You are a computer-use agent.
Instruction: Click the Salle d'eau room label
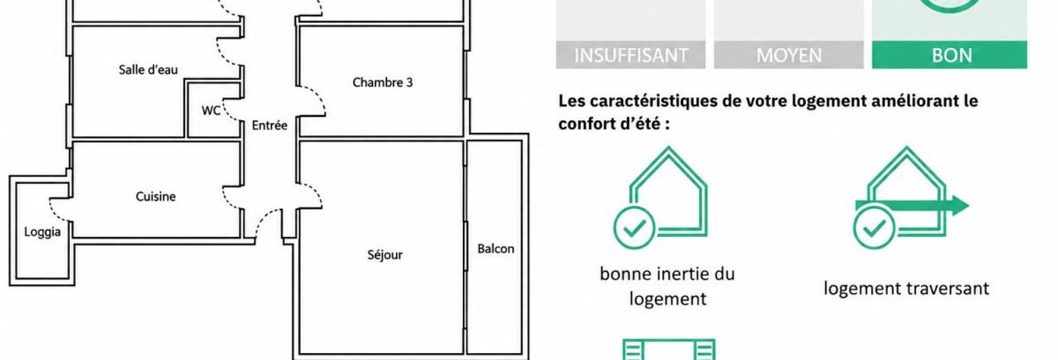(148, 70)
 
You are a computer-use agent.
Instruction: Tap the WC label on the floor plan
(210, 110)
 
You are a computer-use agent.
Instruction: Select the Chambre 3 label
(383, 82)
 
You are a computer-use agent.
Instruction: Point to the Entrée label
(269, 125)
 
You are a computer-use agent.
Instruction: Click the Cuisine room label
(155, 196)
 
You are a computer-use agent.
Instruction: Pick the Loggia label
(42, 232)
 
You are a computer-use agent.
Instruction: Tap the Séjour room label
(385, 255)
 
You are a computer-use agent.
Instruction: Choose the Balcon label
(495, 249)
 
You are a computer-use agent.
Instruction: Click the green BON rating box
(950, 55)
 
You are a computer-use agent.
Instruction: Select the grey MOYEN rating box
(789, 55)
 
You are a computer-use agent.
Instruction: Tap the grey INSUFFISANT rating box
(630, 55)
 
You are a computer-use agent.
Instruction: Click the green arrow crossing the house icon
(912, 205)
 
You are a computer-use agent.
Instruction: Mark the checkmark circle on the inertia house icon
(635, 227)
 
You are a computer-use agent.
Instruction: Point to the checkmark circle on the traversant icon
(874, 227)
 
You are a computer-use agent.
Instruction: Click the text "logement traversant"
(906, 288)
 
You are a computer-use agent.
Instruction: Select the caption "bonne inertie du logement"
(668, 286)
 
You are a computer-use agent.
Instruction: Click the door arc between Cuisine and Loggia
(59, 210)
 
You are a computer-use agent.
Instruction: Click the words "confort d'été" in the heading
(613, 124)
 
